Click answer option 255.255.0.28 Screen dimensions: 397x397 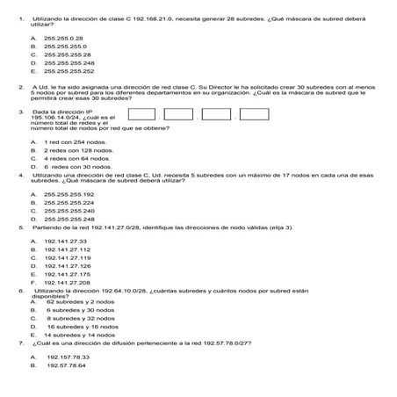point(62,40)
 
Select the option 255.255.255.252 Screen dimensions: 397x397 point(69,71)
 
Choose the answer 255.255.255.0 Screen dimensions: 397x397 point(64,47)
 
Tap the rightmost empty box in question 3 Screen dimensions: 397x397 point(254,114)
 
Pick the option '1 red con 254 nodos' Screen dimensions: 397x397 point(74,142)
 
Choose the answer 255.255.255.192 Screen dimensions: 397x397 point(69,194)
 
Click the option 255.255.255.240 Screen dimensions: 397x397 point(69,211)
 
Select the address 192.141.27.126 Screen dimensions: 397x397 point(67,265)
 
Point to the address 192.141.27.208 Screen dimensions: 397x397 point(67,282)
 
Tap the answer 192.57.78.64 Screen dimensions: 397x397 point(67,365)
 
